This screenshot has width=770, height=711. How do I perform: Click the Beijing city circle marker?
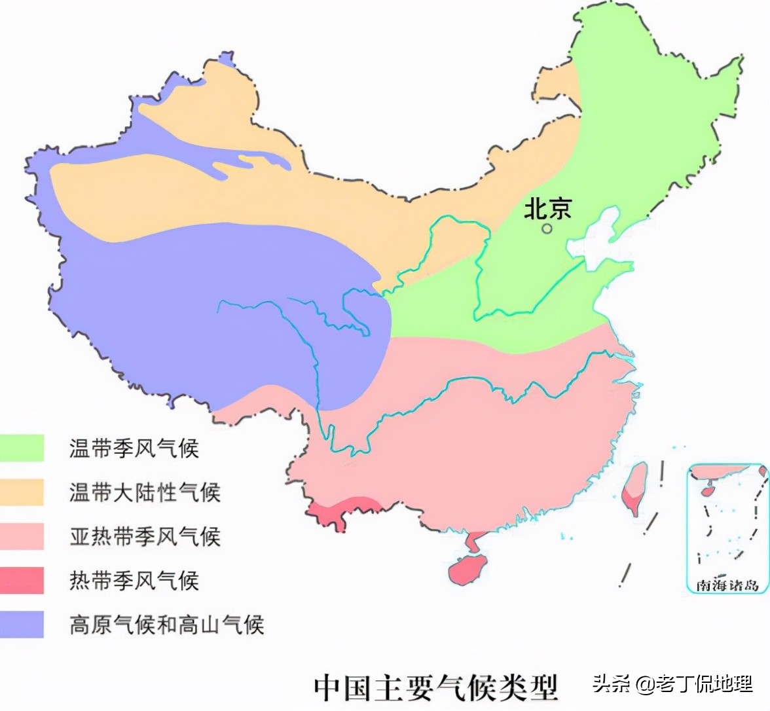(546, 228)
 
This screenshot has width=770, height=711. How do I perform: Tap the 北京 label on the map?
(547, 208)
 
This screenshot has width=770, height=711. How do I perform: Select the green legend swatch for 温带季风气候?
(22, 448)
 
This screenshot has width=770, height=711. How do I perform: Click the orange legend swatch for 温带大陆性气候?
(22, 492)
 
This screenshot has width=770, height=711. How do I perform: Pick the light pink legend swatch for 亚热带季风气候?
(22, 536)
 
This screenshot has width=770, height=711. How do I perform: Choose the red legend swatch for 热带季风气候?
(22, 580)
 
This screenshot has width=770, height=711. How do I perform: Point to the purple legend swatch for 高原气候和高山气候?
(22, 624)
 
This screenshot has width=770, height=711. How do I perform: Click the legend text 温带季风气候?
(134, 448)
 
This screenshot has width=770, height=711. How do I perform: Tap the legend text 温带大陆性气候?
(145, 492)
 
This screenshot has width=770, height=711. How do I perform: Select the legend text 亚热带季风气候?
(145, 536)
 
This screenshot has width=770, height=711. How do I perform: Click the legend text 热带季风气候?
(134, 581)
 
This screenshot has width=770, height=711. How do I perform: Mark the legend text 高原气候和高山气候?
(166, 625)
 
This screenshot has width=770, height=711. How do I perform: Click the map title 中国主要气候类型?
(435, 687)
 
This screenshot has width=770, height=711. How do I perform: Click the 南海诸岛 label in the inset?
(727, 585)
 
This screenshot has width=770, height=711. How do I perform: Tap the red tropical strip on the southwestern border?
(340, 509)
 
